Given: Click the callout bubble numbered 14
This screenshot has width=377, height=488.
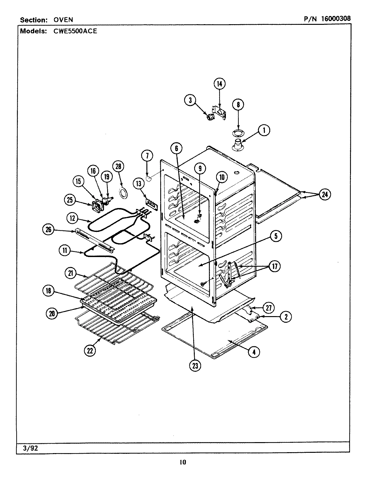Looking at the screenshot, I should click(220, 84).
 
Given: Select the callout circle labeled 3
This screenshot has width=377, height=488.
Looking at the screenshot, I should click(190, 100).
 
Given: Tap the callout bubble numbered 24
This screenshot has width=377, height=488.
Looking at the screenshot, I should click(325, 195).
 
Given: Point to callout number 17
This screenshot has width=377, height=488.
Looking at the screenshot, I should click(275, 266).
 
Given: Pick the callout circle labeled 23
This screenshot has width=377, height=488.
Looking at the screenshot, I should click(195, 365).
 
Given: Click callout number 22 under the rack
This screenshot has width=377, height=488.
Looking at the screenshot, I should click(90, 351).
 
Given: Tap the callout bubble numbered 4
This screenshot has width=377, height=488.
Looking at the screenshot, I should click(254, 352).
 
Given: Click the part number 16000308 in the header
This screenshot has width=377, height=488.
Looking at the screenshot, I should click(336, 19).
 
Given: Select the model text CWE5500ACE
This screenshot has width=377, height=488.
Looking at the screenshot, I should click(75, 31).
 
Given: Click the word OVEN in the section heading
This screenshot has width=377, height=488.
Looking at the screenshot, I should click(63, 20).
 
